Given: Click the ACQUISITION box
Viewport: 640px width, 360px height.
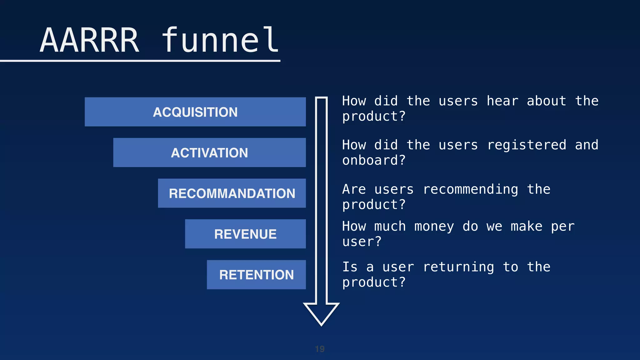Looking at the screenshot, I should pos(195,112).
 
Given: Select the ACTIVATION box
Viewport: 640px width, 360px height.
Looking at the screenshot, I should pos(209,152).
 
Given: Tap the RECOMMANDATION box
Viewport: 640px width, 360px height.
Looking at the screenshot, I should pos(232,193).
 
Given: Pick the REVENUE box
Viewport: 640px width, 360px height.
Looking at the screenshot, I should pos(245,234).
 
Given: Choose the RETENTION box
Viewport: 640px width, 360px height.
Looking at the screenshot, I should pos(256,275).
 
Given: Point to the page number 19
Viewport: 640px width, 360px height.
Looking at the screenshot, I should pos(320,349).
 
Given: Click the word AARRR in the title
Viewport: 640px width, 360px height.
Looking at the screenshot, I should pos(90,41).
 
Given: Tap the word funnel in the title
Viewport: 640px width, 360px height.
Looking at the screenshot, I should pos(220,41).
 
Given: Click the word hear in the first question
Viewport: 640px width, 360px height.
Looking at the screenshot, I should pos(502,101).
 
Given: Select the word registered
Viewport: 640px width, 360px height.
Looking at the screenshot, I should pos(527,145).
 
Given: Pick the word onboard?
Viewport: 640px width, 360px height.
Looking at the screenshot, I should pos(374,160).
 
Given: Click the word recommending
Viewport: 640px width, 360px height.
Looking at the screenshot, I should pos(470,189).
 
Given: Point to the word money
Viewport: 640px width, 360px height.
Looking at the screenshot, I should pos(434,226).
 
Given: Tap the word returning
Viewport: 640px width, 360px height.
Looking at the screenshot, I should pos(458,267).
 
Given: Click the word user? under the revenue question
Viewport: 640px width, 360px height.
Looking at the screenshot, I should pos(362,242).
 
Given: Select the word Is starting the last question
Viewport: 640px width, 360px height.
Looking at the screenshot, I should pos(350,267).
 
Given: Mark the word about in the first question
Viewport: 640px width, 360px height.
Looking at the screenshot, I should pos(546,101).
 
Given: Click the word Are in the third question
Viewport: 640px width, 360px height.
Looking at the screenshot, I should pos(354,189).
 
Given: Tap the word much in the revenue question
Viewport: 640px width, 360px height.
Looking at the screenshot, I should pos(390,226).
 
